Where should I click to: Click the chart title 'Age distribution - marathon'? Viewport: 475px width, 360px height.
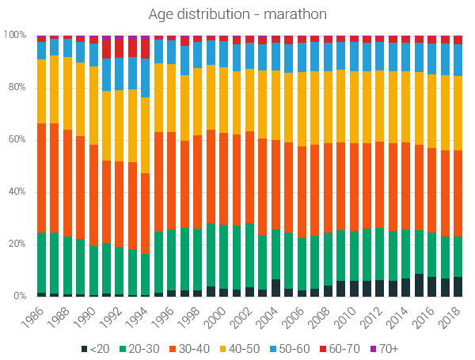pyautogui.click(x=237, y=14)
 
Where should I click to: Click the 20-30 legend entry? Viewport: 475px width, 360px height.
pyautogui.click(x=139, y=348)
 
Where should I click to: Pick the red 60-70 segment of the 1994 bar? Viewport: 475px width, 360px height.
pyautogui.click(x=145, y=48)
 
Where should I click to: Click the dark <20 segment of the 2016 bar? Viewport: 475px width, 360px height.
pyautogui.click(x=431, y=286)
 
